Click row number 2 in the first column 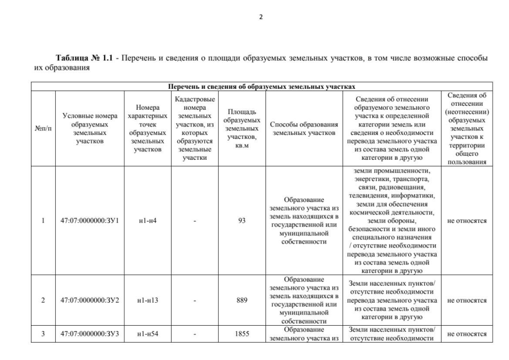click(43, 300)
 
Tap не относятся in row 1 click(467, 220)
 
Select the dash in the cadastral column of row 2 click(195, 300)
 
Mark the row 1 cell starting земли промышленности click(393, 220)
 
